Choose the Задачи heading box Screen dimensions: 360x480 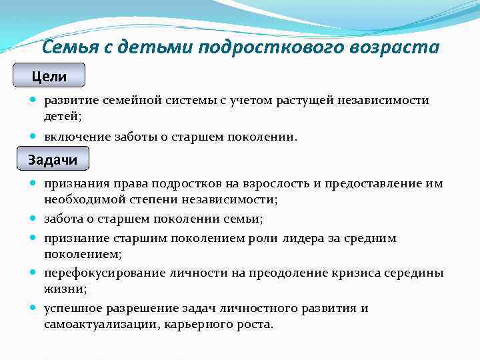(x=53, y=159)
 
